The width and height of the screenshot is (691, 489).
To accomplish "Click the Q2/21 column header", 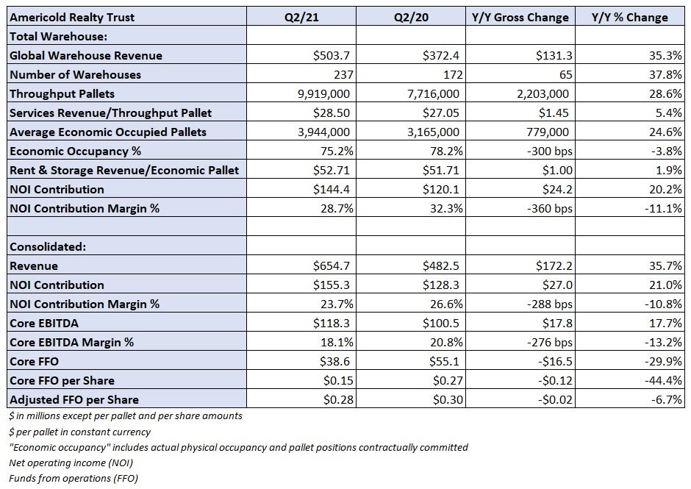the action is (301, 17).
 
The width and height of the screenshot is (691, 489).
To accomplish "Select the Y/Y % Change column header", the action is (629, 17).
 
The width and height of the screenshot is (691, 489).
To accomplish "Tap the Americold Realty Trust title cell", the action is (72, 17).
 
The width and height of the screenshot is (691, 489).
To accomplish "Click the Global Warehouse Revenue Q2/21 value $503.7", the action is (332, 55).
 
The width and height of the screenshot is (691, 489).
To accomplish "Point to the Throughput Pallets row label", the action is (62, 93).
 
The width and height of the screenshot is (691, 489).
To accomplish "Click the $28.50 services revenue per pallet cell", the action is (332, 113).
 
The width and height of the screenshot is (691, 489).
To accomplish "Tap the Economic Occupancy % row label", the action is (76, 151).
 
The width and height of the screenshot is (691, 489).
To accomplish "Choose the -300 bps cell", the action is (550, 151).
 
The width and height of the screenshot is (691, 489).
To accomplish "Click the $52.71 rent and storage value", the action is (332, 170).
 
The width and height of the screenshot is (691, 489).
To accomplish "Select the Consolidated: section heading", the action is (48, 246).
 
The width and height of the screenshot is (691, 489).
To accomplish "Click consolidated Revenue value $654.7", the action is (332, 265).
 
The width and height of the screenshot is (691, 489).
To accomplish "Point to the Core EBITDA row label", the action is (44, 324).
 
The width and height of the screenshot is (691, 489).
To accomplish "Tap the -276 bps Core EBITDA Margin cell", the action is (550, 342).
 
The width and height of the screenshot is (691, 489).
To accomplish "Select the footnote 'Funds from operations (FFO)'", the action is (74, 479).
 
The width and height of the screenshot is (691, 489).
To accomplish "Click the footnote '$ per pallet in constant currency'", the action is (80, 432).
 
